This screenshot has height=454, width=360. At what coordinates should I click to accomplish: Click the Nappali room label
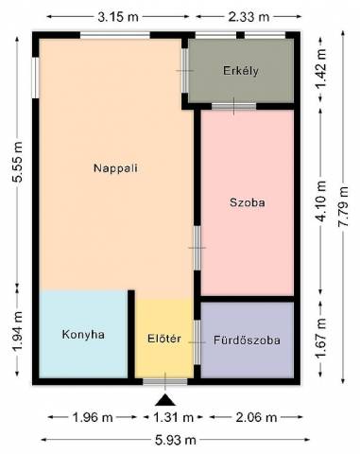point(115,167)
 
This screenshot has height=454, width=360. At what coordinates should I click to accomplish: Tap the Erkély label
point(241,70)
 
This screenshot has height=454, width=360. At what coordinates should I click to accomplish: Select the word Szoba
point(248,202)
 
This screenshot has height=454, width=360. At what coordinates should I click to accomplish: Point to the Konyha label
point(83,334)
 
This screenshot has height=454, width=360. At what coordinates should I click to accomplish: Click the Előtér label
point(164,339)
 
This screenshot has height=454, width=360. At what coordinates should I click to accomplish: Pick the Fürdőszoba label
point(247,340)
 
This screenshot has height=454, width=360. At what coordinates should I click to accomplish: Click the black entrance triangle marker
point(165,400)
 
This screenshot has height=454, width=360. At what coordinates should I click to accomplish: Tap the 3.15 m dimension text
point(118,17)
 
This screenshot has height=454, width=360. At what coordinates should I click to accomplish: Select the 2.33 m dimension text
point(249,17)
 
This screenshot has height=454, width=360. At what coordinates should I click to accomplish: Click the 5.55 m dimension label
point(18,162)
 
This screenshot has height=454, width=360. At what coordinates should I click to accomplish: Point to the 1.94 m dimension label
point(18,331)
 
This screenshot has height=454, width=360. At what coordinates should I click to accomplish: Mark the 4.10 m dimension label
point(321,201)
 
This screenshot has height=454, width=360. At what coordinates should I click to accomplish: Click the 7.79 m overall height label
point(343,206)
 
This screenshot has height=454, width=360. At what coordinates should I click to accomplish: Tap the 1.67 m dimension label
point(321,338)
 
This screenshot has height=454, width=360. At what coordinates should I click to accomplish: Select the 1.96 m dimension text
point(93,418)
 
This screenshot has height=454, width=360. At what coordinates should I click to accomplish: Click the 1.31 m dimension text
point(173,418)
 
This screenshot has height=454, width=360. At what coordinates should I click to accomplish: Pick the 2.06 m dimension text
point(256,418)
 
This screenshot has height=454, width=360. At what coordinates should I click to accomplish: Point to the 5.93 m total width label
point(176,440)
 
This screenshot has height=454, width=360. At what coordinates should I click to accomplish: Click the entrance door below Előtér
point(165,382)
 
